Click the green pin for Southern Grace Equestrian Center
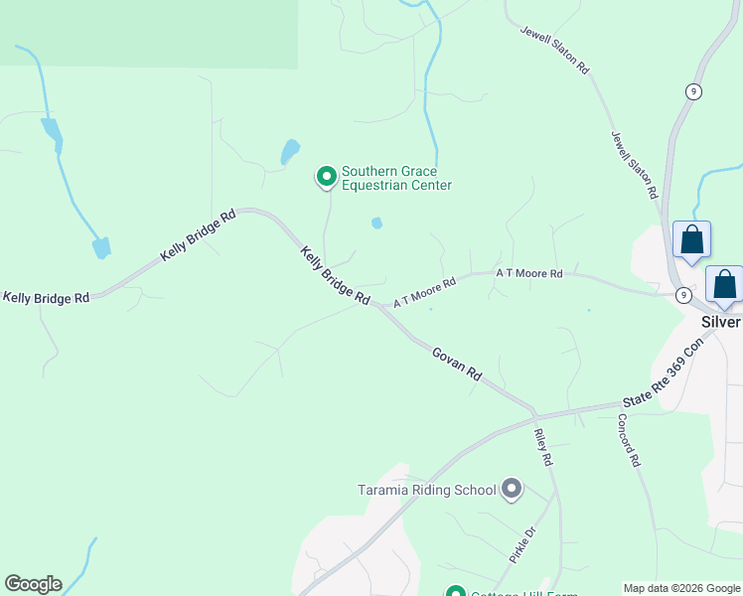[x=326, y=177]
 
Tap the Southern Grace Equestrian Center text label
[x=396, y=179]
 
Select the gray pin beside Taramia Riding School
[x=512, y=488]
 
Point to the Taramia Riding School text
[x=426, y=490]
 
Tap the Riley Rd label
[x=542, y=448]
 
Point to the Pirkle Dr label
[x=522, y=545]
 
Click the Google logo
[x=33, y=584]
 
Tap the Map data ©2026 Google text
[x=682, y=588]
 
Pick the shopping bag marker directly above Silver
[x=725, y=284]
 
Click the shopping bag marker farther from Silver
[x=692, y=239]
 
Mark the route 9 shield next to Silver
[x=683, y=295]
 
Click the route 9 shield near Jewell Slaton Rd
[x=693, y=91]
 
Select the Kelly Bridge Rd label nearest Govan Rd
[x=335, y=276]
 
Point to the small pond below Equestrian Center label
[x=376, y=223]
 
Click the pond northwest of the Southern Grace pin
[x=289, y=151]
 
